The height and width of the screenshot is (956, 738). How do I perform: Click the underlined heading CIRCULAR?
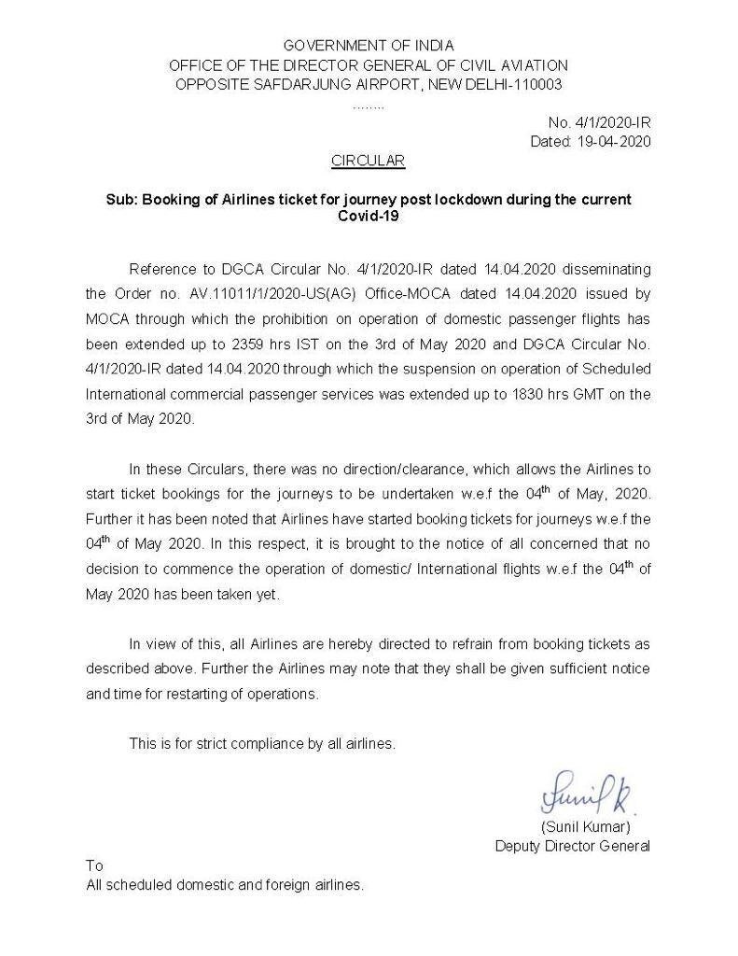[x=368, y=161]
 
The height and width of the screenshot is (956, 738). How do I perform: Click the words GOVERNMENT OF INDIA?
[x=369, y=45]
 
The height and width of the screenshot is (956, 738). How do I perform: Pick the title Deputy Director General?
[x=572, y=847]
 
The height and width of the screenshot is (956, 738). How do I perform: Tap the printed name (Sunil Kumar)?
[x=586, y=828]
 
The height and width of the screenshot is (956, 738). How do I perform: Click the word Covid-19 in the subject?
[x=369, y=216]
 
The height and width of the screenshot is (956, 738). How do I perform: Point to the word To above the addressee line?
[x=94, y=865]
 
